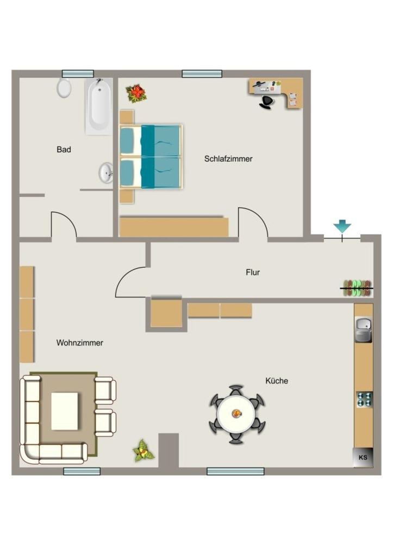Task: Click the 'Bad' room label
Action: [64, 150]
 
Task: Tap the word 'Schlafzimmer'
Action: [228, 159]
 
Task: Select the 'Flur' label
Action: [253, 273]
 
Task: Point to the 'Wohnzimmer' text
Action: [80, 343]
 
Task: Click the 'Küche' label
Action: [277, 381]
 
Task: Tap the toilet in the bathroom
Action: [64, 88]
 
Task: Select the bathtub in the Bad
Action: [99, 106]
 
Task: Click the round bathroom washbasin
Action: [106, 172]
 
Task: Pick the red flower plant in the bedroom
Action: [136, 94]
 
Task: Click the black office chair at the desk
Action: [267, 102]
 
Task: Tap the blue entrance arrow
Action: [342, 226]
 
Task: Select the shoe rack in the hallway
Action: [357, 288]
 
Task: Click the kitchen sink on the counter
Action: [364, 330]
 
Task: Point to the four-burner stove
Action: [364, 400]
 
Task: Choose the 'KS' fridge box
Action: [363, 457]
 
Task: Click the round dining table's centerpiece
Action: [236, 413]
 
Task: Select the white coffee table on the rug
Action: [65, 411]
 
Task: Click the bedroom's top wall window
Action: [202, 74]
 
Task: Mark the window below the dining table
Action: [235, 472]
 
